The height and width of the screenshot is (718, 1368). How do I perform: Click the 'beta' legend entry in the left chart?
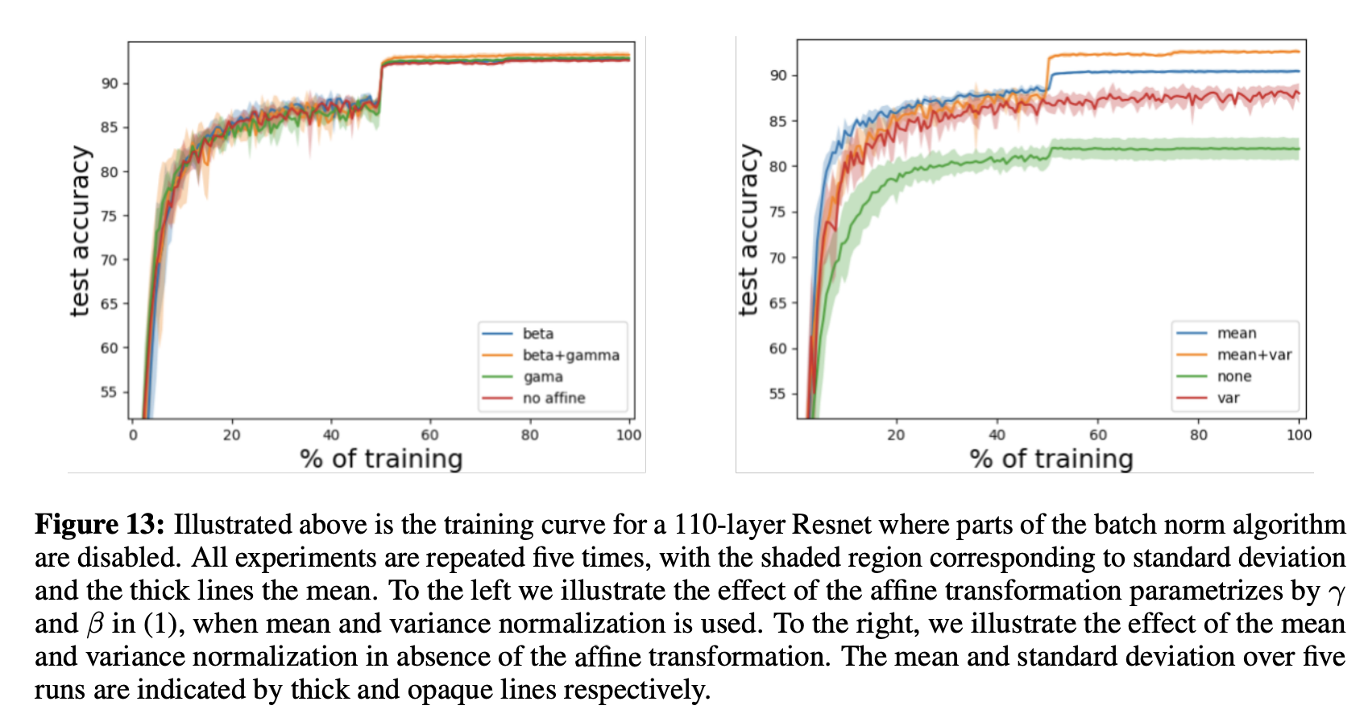537,333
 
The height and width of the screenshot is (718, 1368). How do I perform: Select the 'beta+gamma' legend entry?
570,355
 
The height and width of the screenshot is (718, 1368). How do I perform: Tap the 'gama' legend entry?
543,377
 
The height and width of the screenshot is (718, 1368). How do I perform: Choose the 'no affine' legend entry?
553,398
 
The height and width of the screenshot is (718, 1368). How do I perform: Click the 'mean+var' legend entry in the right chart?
1254,355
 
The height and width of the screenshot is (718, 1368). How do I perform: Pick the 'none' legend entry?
1234,377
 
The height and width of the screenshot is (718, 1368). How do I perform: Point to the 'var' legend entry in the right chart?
1228,398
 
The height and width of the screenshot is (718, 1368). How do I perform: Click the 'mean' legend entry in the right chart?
1237,333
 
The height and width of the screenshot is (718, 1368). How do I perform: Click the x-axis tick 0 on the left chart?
133,435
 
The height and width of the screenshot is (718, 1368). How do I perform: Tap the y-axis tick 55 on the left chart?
109,392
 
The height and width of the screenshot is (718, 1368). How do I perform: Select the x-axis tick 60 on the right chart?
1098,435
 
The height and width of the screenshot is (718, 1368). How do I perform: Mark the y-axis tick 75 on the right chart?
777,213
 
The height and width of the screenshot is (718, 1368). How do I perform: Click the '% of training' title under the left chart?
381,459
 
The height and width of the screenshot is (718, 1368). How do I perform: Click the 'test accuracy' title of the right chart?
749,230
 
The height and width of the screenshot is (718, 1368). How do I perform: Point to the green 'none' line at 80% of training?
1199,149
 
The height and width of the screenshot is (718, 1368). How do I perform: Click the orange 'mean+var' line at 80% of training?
1199,52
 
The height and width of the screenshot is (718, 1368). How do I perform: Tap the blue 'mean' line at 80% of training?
1199,72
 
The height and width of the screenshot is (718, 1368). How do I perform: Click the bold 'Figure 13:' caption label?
99,525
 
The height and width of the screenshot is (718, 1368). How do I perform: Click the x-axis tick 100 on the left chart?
628,435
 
